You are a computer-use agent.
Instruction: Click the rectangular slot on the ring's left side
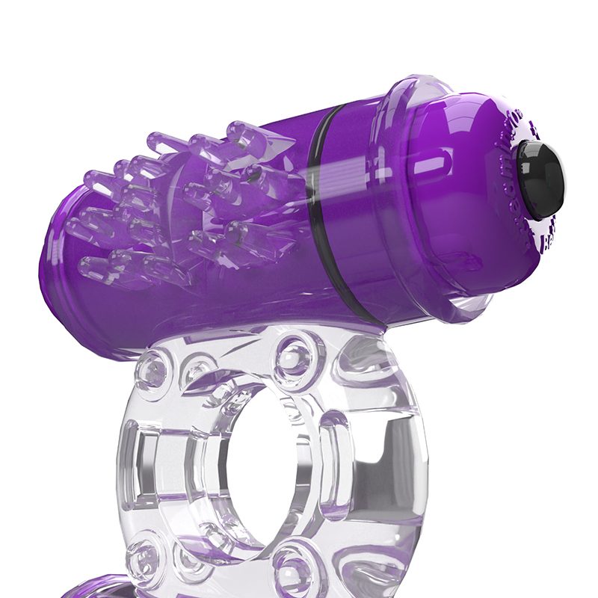[x=149, y=460]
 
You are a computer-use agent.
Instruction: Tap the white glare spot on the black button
[x=532, y=166]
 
